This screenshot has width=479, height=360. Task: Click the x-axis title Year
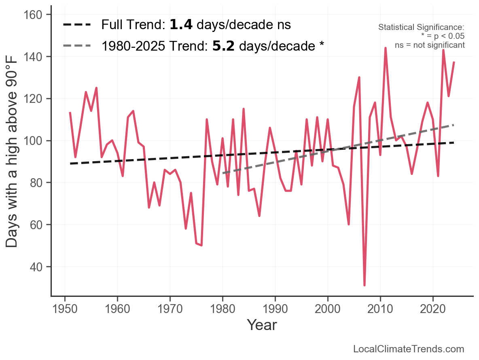tap(262, 325)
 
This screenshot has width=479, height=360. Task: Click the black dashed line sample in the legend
tap(77, 25)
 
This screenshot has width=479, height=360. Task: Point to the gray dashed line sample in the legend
tap(77, 46)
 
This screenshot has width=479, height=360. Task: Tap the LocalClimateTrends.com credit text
tap(409, 349)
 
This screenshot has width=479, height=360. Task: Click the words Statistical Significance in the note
tap(421, 27)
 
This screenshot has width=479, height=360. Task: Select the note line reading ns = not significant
tap(430, 45)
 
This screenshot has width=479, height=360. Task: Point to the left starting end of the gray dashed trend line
tap(223, 173)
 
